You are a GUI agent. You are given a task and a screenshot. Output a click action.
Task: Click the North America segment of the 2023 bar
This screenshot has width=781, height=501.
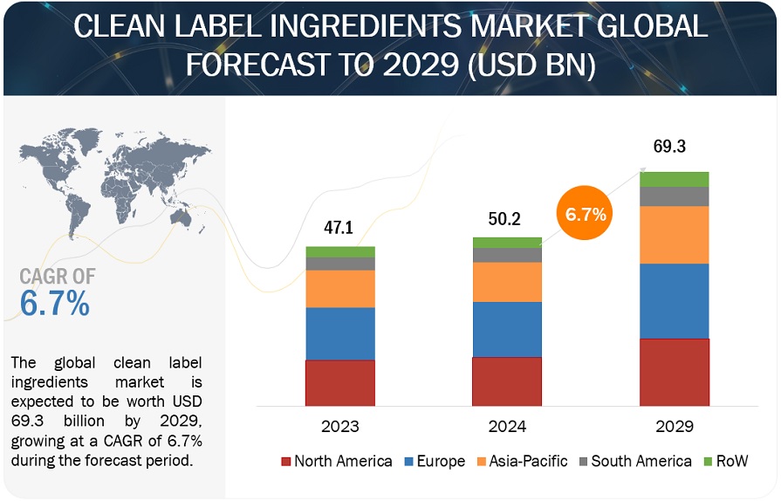[x=339, y=383]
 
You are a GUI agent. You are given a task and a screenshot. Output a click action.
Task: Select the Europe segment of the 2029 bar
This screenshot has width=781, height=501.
[x=674, y=301]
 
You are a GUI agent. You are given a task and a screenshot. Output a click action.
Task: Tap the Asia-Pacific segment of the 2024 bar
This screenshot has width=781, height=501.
[x=507, y=282]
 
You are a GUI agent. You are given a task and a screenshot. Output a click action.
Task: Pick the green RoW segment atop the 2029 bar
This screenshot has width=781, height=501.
[x=674, y=179]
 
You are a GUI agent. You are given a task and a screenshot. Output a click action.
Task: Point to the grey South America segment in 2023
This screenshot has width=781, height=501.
[x=339, y=264]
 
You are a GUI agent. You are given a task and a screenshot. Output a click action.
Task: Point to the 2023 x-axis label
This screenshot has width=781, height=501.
[x=340, y=427]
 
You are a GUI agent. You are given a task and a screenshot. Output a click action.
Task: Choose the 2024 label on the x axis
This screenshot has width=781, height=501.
[x=507, y=427]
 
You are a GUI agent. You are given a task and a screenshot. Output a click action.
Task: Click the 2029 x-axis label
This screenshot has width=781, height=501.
[x=674, y=427]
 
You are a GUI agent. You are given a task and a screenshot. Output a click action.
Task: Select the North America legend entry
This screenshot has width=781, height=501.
[x=336, y=461]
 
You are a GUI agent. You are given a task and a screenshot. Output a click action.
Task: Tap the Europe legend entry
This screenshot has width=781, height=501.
[x=434, y=461]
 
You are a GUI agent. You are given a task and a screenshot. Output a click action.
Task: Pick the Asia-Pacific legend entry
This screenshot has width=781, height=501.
[x=520, y=461]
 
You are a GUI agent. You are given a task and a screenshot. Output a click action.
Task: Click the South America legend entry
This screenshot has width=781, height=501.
[x=633, y=461]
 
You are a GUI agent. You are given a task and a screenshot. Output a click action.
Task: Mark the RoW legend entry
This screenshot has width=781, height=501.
[x=725, y=461]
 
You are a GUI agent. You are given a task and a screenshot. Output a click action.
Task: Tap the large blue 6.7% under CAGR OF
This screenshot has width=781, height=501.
[x=54, y=304]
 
